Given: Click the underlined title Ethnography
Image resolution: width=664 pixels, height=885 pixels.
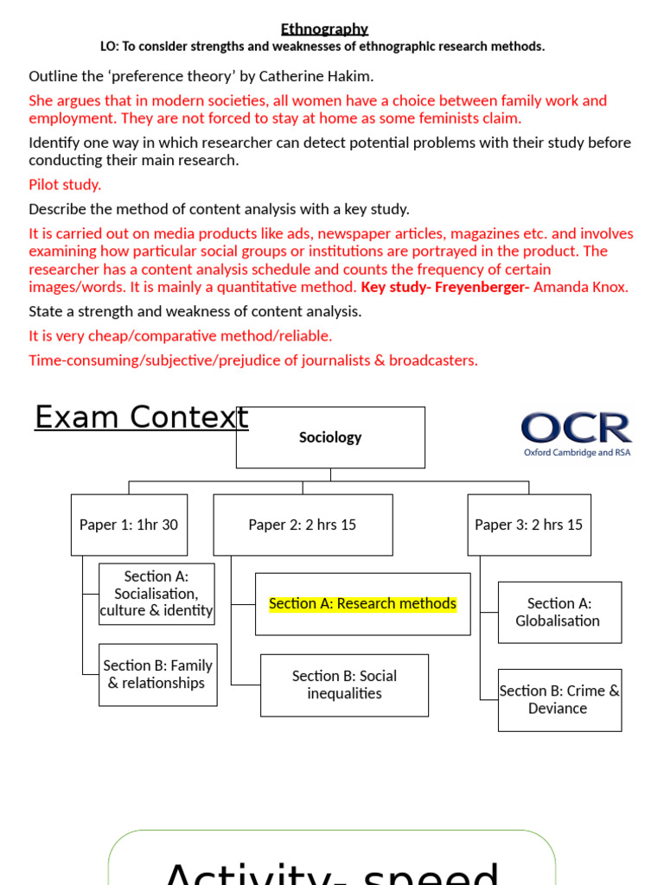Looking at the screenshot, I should click(x=324, y=29).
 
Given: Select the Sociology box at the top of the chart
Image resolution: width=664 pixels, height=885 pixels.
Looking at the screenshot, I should click(x=330, y=437).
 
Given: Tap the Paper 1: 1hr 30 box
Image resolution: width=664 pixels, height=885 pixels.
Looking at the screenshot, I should click(x=129, y=525).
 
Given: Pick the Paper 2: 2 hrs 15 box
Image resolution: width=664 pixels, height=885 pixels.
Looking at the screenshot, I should click(x=303, y=525).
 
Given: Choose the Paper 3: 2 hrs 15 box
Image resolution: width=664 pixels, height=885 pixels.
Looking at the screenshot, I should click(x=529, y=525).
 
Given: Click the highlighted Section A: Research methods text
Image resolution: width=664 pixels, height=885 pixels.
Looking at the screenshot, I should click(x=362, y=604).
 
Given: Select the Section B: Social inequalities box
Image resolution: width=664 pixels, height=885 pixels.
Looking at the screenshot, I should click(x=344, y=684).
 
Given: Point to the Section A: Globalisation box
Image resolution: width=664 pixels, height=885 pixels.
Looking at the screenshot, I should click(x=559, y=612).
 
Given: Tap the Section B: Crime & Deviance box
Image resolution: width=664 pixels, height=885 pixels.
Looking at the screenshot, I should click(x=559, y=699).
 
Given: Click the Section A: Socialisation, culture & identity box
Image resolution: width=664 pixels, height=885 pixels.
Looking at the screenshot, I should click(x=156, y=594).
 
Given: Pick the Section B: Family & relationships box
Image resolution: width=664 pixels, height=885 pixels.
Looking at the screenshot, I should click(x=157, y=674).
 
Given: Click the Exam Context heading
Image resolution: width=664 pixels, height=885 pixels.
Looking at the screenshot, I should click(x=141, y=417).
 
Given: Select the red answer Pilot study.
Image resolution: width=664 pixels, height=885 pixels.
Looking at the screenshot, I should click(x=65, y=185).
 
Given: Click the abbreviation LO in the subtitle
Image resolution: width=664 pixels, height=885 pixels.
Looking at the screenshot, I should click(x=110, y=47).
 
